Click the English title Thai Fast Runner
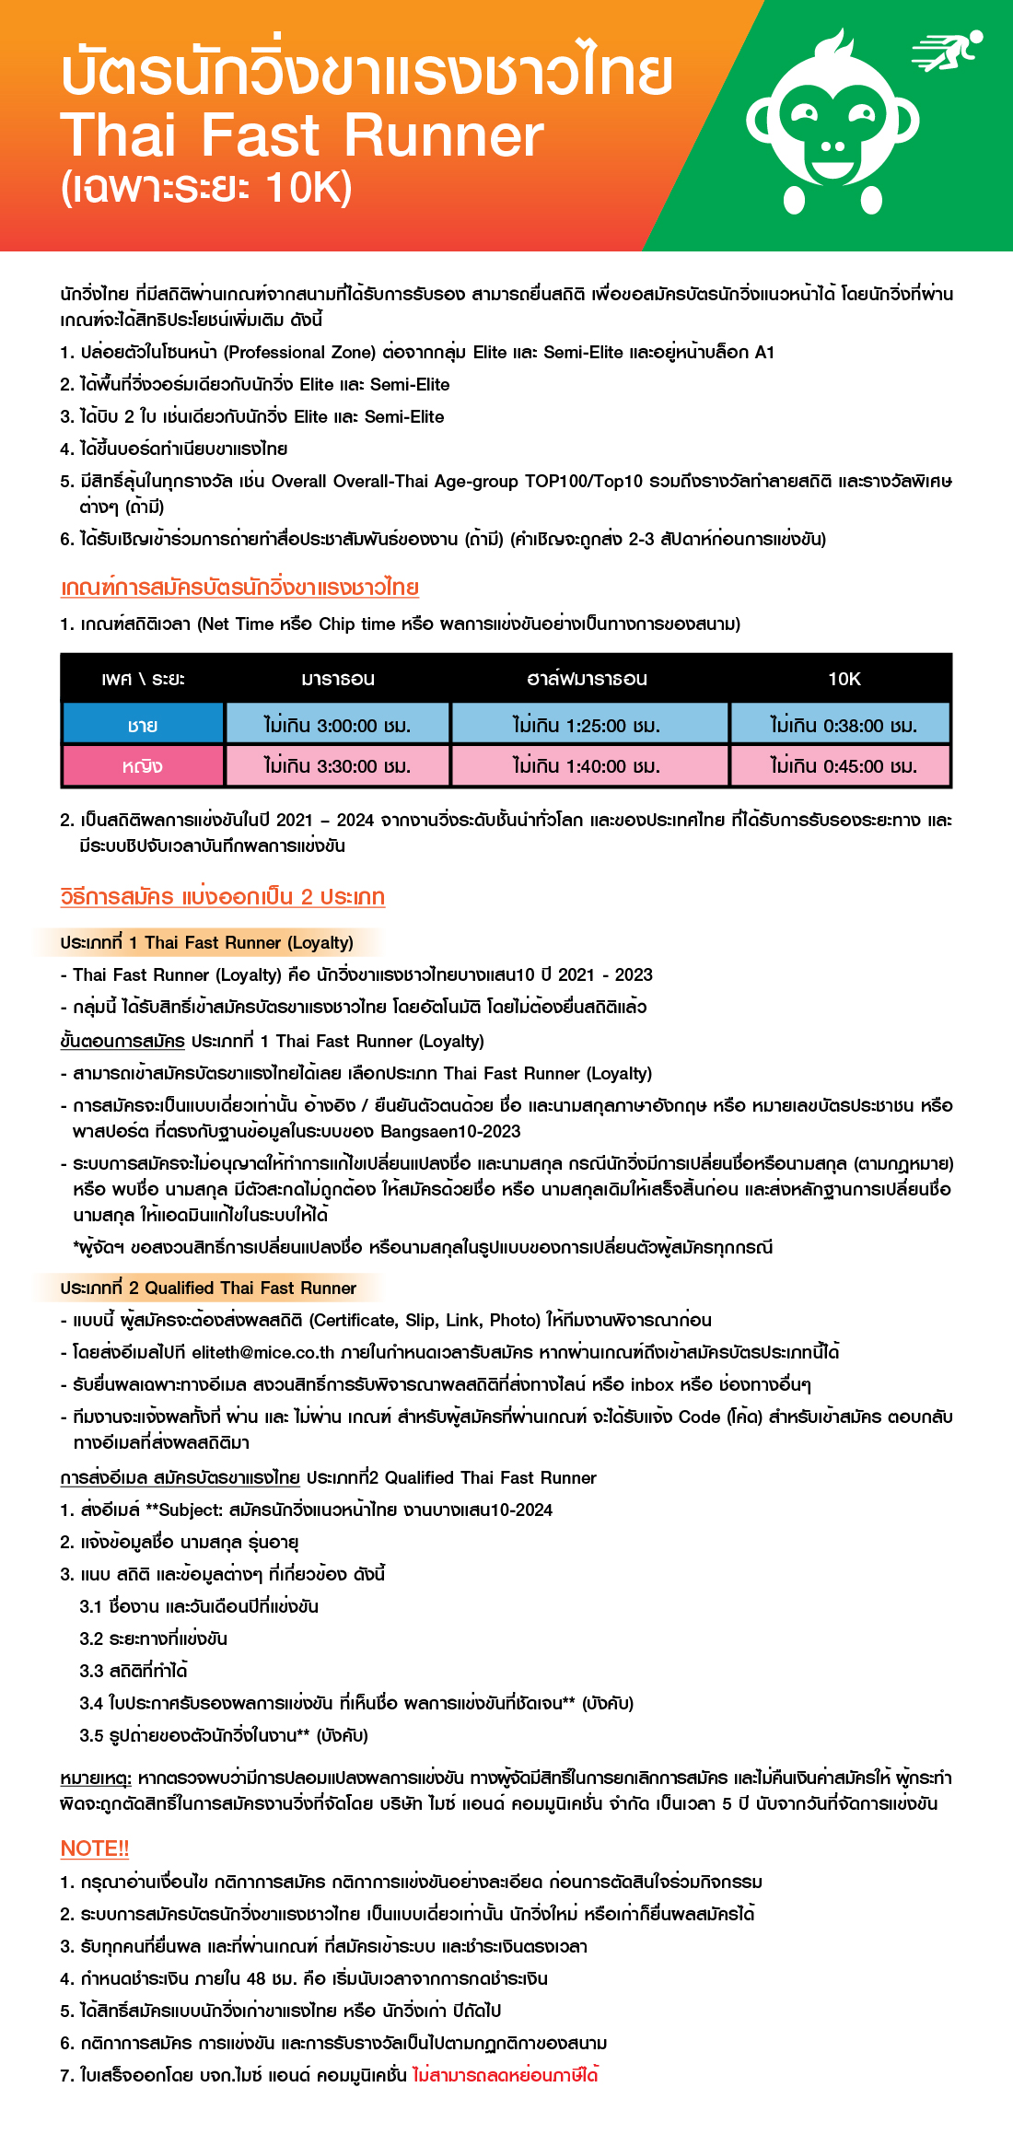tap(302, 135)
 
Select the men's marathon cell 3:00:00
tap(337, 725)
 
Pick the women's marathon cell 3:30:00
tap(337, 765)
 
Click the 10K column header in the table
tap(844, 679)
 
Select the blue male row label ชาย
tap(143, 725)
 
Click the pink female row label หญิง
tap(143, 765)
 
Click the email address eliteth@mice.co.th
tap(262, 1352)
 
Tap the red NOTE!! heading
tap(94, 1848)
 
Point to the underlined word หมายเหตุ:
tap(96, 1777)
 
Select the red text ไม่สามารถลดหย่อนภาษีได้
tap(505, 2074)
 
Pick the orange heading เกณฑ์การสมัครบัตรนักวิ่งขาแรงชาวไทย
tap(239, 587)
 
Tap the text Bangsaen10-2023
tap(450, 1131)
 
